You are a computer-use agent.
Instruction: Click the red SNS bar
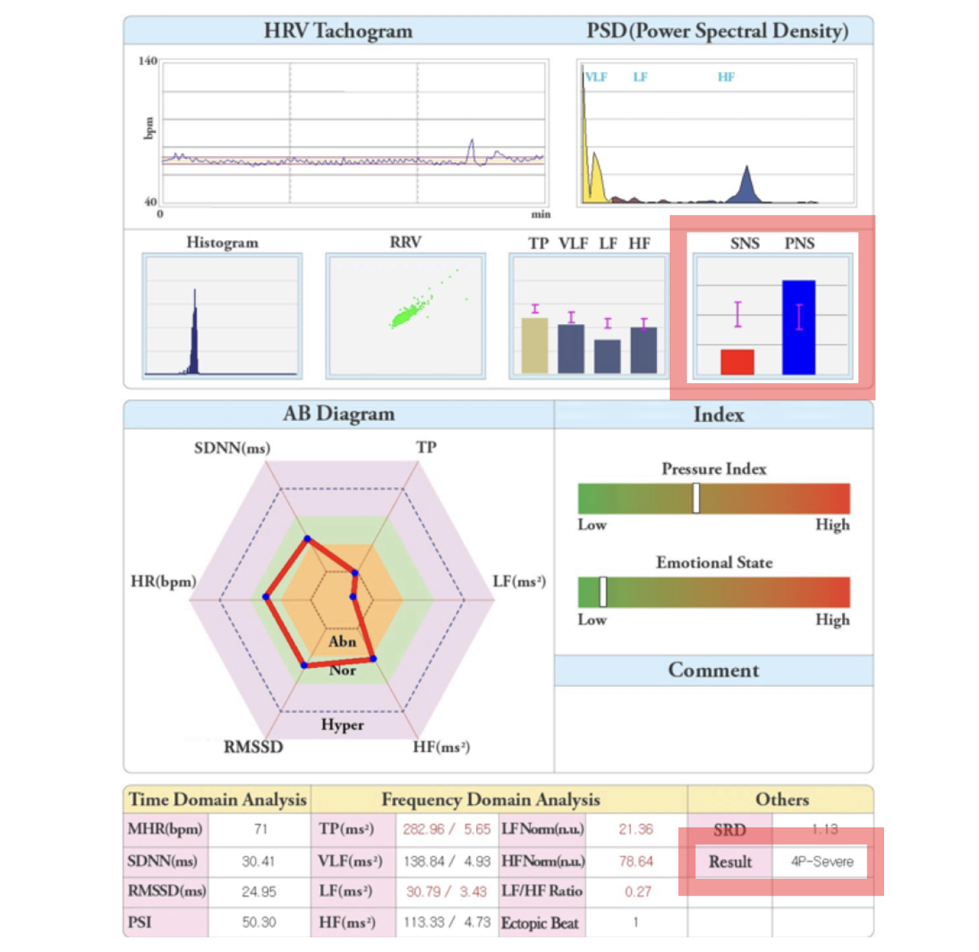[x=737, y=361]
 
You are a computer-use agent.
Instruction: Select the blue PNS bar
[x=799, y=328]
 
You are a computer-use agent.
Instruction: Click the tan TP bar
[x=535, y=345]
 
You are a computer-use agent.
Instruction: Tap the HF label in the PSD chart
[x=725, y=77]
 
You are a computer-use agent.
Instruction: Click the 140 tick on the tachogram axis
[x=148, y=61]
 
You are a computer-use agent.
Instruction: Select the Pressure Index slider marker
[x=696, y=498]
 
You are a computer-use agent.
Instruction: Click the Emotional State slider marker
[x=603, y=592]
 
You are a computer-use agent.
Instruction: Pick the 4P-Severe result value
[x=822, y=862]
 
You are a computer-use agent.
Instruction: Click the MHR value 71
[x=260, y=829]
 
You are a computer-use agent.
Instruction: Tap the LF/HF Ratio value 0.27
[x=637, y=892]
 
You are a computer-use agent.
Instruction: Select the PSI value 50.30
[x=259, y=922]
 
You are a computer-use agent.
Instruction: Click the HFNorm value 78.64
[x=636, y=861]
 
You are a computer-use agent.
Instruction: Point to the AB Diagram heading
[x=338, y=414]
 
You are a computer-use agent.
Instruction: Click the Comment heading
[x=713, y=670]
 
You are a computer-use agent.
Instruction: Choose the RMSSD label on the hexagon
[x=253, y=747]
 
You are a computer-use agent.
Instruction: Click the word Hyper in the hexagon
[x=342, y=725]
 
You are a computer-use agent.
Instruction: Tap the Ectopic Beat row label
[x=540, y=923]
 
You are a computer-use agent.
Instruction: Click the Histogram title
[x=222, y=243]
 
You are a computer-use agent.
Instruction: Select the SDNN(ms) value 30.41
[x=258, y=861]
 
